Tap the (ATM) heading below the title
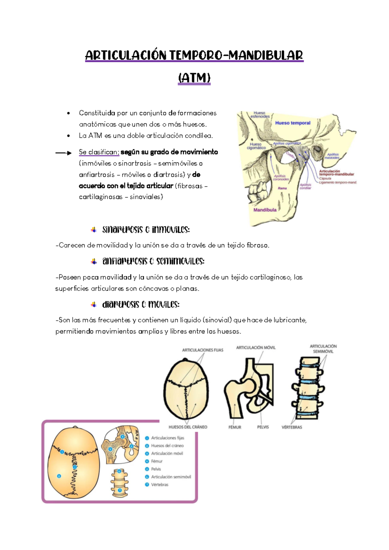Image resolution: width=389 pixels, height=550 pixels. pyautogui.click(x=194, y=78)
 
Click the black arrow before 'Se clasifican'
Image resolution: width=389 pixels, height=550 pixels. pyautogui.click(x=63, y=153)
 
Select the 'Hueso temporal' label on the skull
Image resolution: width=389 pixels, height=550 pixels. pyautogui.click(x=293, y=123)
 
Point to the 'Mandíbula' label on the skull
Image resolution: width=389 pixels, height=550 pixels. pyautogui.click(x=265, y=210)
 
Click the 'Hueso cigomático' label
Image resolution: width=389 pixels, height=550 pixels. pyautogui.click(x=256, y=146)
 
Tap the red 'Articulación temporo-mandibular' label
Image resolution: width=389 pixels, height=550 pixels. pyautogui.click(x=336, y=173)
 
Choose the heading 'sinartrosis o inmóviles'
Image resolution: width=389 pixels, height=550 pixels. pyautogui.click(x=146, y=230)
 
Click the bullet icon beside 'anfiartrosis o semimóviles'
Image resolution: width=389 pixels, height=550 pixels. pyautogui.click(x=94, y=261)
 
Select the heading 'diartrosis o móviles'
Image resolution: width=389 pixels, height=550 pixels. pyautogui.click(x=141, y=305)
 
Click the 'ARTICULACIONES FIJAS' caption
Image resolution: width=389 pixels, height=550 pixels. pyautogui.click(x=203, y=350)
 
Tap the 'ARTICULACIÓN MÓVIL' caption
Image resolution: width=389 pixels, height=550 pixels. pyautogui.click(x=256, y=348)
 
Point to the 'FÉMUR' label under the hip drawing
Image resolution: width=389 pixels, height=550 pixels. pyautogui.click(x=235, y=427)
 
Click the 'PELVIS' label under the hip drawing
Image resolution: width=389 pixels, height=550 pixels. pyautogui.click(x=263, y=427)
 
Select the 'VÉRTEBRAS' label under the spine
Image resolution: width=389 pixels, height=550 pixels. pyautogui.click(x=292, y=427)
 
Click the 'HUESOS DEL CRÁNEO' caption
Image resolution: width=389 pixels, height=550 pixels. pyautogui.click(x=188, y=427)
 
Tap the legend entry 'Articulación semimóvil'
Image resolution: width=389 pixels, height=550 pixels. pyautogui.click(x=171, y=477)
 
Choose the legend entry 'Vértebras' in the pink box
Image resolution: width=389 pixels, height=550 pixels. pyautogui.click(x=160, y=484)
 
